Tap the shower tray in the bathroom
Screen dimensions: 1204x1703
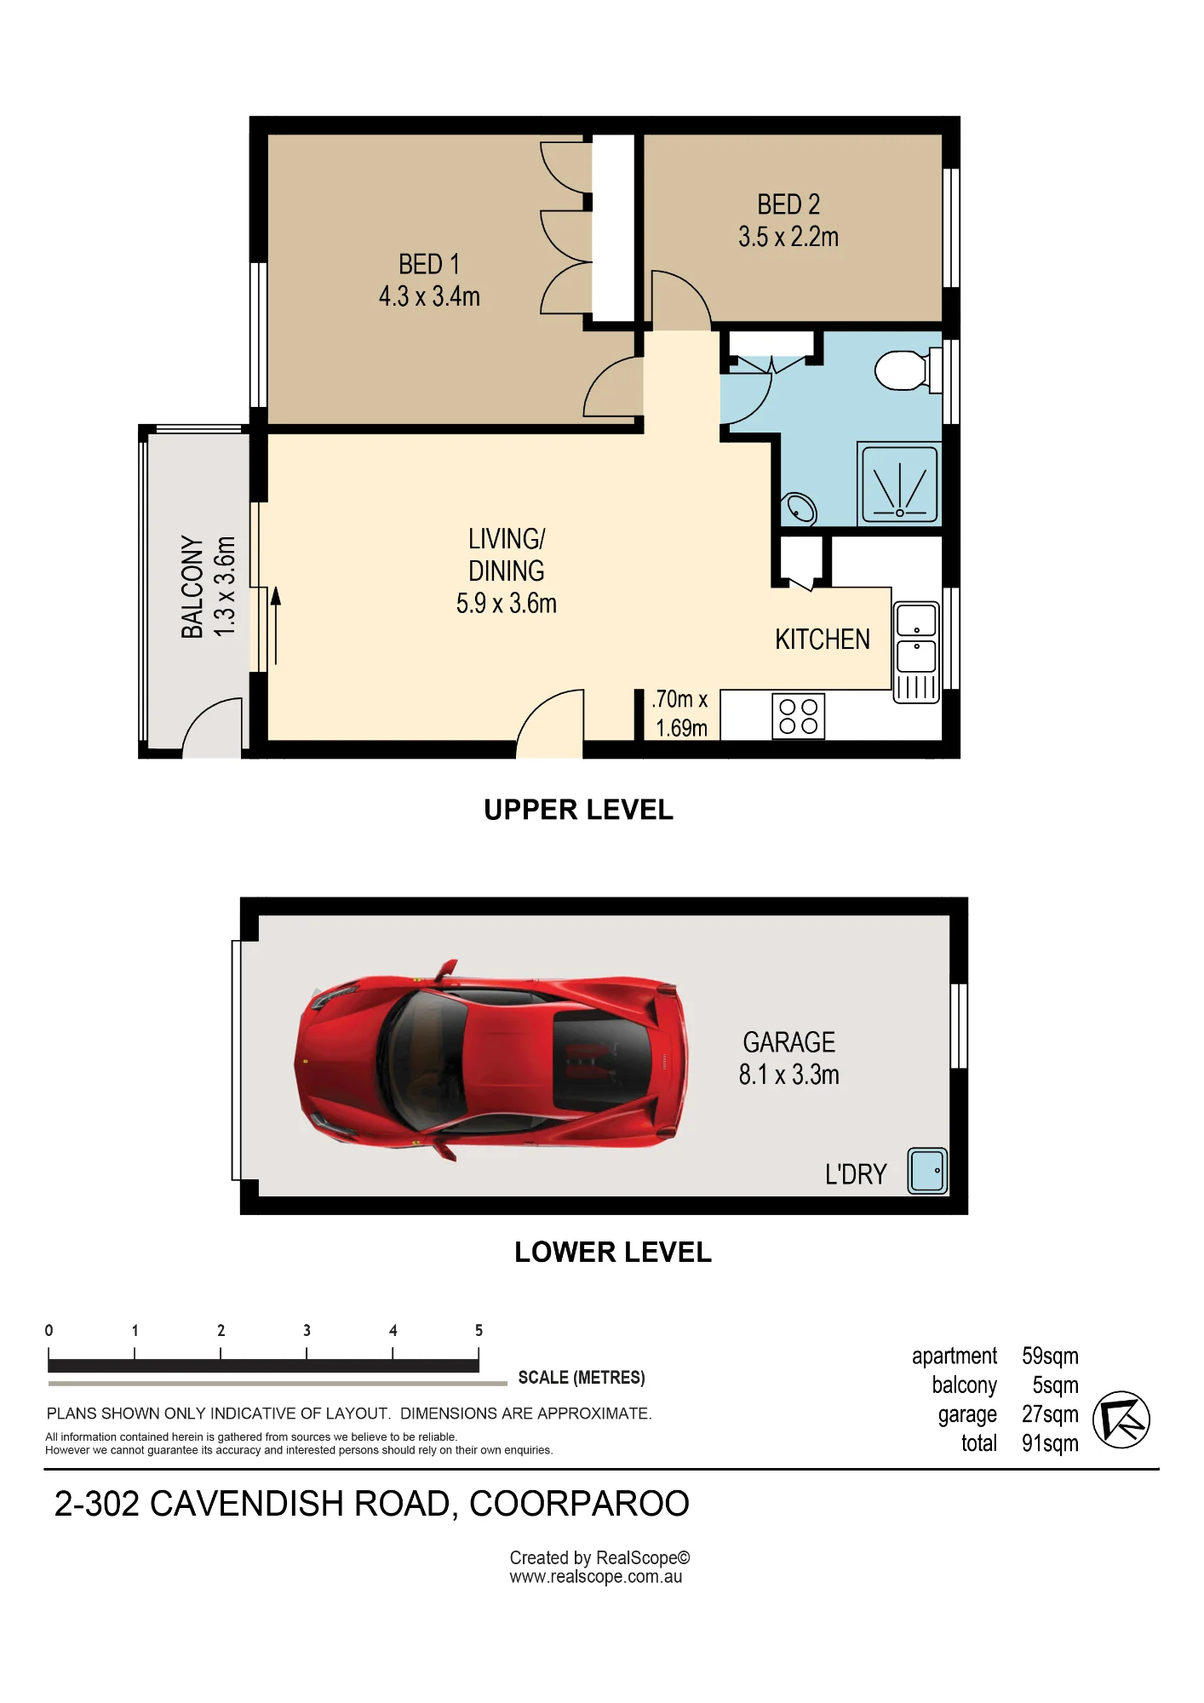tap(899, 484)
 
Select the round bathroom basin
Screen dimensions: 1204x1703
tap(801, 508)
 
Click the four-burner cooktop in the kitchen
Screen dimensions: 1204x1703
tap(799, 716)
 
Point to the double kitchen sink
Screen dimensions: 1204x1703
tap(916, 652)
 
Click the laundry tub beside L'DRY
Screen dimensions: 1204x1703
tap(927, 1171)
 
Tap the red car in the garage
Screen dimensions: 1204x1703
tap(490, 1060)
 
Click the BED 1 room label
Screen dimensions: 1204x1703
tap(429, 265)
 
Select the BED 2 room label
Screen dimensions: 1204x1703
tap(788, 204)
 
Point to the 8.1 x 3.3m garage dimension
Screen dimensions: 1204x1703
tap(789, 1075)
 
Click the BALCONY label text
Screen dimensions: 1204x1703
tap(192, 587)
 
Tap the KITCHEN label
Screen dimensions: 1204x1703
tap(823, 639)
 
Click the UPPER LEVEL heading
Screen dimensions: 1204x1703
tap(579, 810)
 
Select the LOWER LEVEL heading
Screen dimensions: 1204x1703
tap(613, 1253)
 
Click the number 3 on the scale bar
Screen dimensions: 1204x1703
tap(307, 1330)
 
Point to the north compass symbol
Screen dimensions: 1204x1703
tap(1121, 1419)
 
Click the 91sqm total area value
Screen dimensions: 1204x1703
tap(1050, 1443)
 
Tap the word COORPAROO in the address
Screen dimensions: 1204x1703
tap(579, 1505)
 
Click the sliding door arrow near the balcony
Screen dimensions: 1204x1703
tap(275, 626)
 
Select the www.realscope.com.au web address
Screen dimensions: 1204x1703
tap(596, 1576)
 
